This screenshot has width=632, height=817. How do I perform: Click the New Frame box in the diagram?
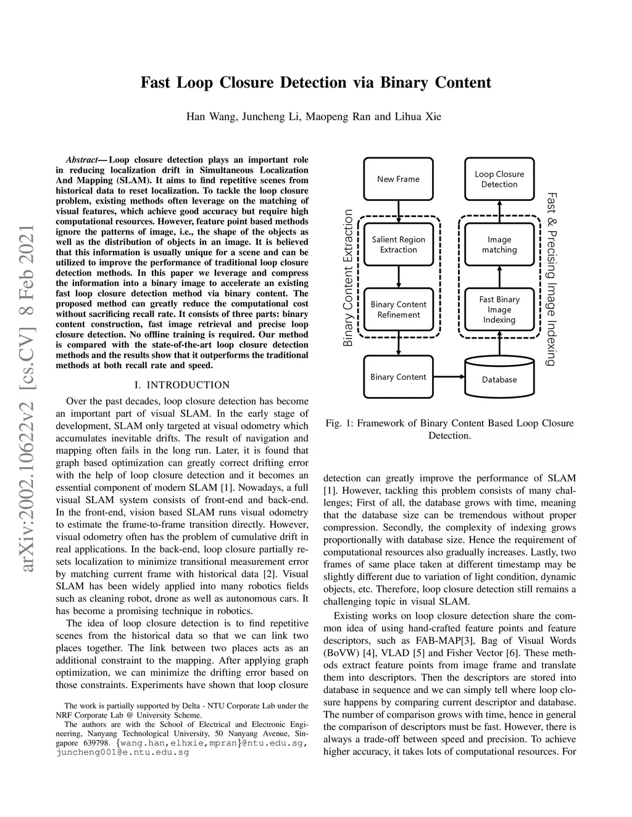[x=398, y=179]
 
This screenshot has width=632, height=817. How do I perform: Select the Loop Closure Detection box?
[x=499, y=179]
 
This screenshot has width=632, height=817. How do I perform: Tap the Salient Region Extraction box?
[x=398, y=245]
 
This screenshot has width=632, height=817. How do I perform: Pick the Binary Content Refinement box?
[x=398, y=310]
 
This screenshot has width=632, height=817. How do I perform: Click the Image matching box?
[x=499, y=245]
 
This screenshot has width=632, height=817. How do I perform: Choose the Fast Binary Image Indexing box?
[x=499, y=310]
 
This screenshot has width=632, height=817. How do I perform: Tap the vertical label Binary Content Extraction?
[x=348, y=277]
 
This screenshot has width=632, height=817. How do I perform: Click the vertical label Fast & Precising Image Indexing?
[x=552, y=279]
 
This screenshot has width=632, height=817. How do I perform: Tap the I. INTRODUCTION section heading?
[x=181, y=385]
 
